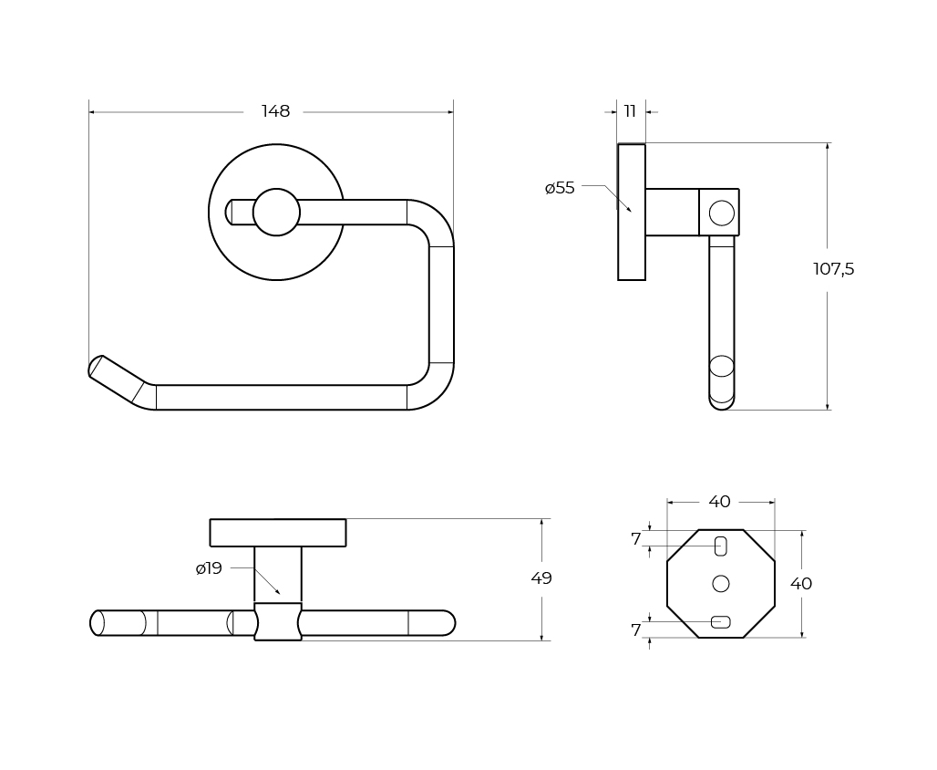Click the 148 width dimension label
(x=275, y=111)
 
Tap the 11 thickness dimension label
(x=630, y=111)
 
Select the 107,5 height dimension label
(x=834, y=269)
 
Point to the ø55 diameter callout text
(x=560, y=188)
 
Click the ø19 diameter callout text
(x=209, y=568)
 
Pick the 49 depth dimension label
(x=541, y=578)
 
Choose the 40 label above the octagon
(x=719, y=502)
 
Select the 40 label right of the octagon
(x=801, y=583)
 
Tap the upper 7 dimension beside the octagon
(x=636, y=539)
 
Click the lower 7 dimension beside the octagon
(x=636, y=630)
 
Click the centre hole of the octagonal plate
(x=721, y=583)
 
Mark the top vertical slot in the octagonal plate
(x=721, y=546)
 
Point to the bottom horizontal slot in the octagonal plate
(x=721, y=622)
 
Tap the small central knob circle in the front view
(x=276, y=212)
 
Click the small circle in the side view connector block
(x=721, y=213)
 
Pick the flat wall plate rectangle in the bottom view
(x=278, y=533)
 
